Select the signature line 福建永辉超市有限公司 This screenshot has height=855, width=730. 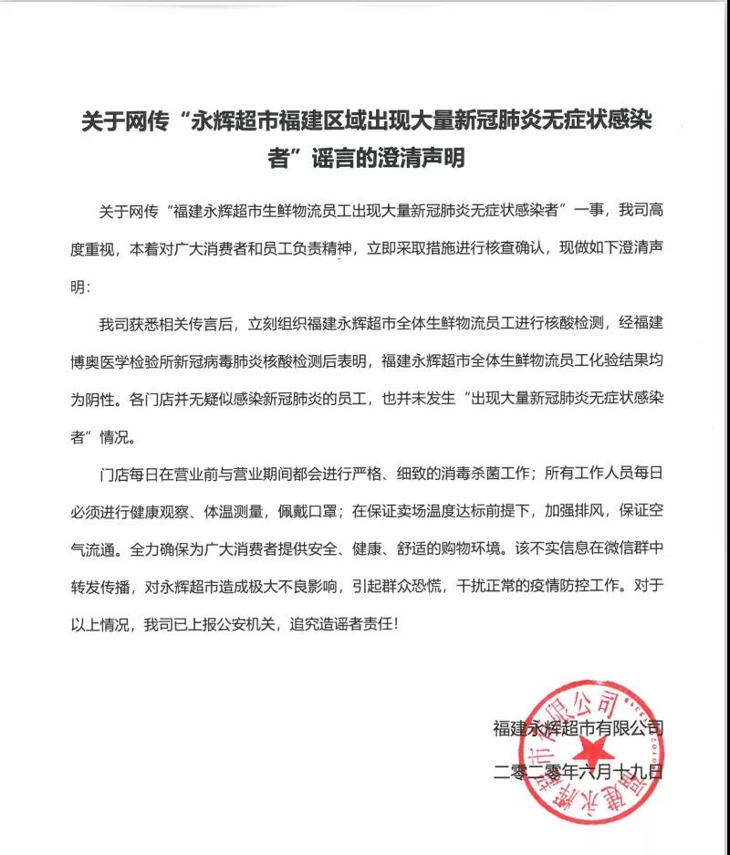tap(577, 727)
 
